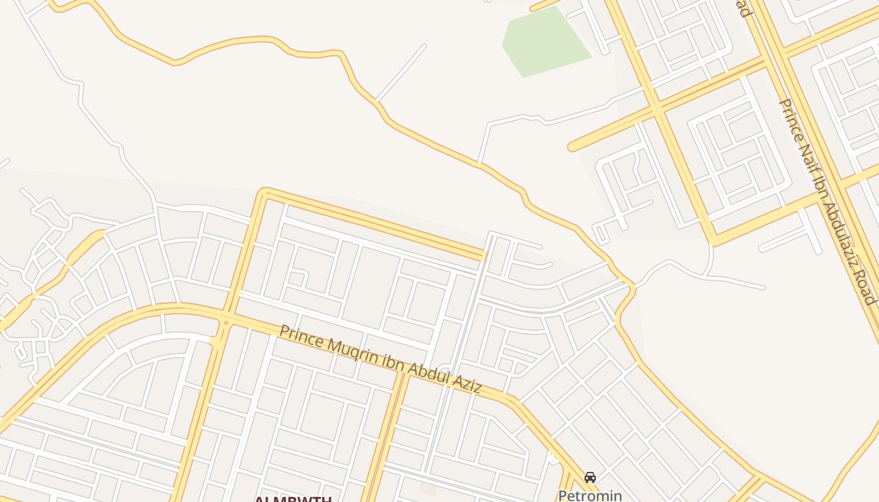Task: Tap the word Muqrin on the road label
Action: pyautogui.click(x=351, y=352)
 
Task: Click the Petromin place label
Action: pyautogui.click(x=590, y=496)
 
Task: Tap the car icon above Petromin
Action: pyautogui.click(x=590, y=478)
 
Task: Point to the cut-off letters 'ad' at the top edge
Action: pyautogui.click(x=744, y=8)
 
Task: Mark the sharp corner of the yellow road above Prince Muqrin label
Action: pyautogui.click(x=264, y=192)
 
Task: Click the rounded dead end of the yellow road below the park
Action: pyautogui.click(x=572, y=147)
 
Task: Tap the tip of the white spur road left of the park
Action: pyautogui.click(x=424, y=46)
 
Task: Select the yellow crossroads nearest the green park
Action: pyautogui.click(x=655, y=108)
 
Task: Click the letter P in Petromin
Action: pyautogui.click(x=563, y=496)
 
